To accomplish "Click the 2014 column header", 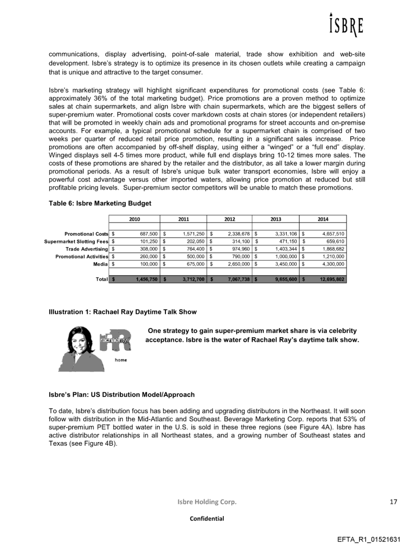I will click(x=323, y=219).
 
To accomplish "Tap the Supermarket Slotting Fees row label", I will click(x=76, y=241).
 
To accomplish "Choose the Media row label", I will click(x=101, y=264).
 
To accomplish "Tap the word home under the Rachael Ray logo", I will click(x=121, y=360).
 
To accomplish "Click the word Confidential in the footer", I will click(x=207, y=519).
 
